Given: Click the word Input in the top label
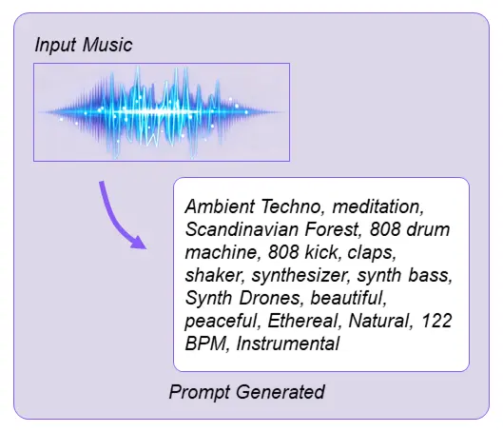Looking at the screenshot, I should click(53, 46).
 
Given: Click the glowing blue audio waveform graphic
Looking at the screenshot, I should click(161, 112).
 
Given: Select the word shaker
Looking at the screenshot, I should click(212, 275).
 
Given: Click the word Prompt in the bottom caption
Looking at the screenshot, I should click(197, 392).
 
